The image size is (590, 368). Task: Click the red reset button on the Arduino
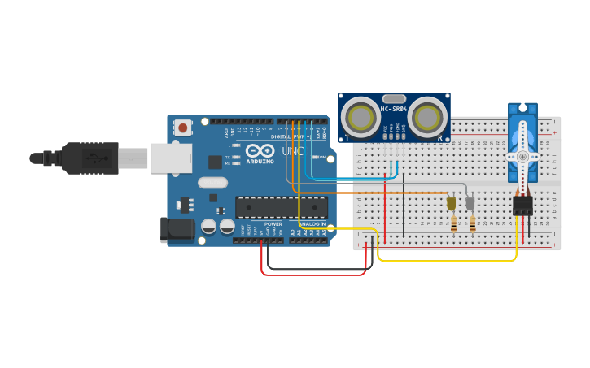[183, 128]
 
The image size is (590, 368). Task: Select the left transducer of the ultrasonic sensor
[360, 119]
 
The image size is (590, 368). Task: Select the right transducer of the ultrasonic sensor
[426, 119]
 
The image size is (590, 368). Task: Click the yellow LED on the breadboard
[452, 204]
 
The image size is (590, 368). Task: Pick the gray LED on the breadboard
[470, 203]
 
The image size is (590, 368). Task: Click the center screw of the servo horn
[522, 157]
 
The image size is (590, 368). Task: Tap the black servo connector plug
[522, 204]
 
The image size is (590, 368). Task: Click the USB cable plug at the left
[90, 158]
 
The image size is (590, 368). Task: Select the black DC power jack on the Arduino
[178, 230]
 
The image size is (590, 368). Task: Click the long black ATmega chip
[281, 207]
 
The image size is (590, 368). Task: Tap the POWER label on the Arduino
[273, 224]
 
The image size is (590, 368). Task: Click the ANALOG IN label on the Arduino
[312, 224]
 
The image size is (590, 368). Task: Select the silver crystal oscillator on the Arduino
[213, 183]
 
